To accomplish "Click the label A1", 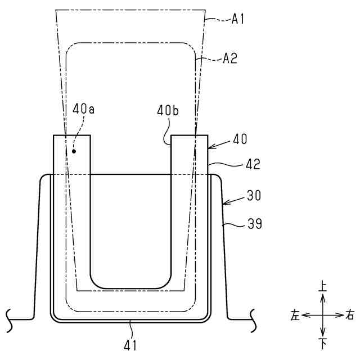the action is pyautogui.click(x=238, y=19).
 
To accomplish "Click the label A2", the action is pyautogui.click(x=231, y=58).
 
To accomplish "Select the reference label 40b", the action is pyautogui.click(x=168, y=111).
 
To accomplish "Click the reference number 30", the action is pyautogui.click(x=251, y=196).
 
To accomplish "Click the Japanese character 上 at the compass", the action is pyautogui.click(x=322, y=286).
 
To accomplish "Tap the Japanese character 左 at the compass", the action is pyautogui.click(x=295, y=315).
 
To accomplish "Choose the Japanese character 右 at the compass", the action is pyautogui.click(x=350, y=315).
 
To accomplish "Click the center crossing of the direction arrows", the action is pyautogui.click(x=322, y=315).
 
